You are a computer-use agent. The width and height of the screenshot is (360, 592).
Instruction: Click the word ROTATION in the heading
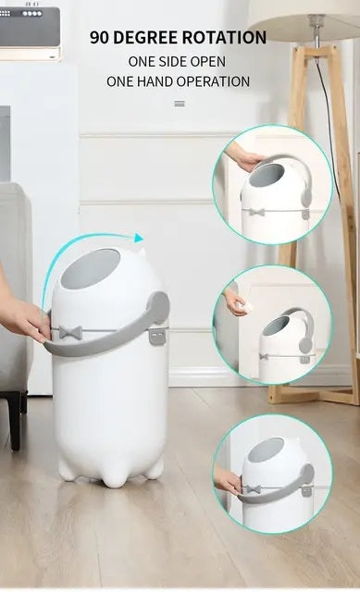point(224,38)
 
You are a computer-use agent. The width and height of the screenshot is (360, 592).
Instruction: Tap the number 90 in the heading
point(99,38)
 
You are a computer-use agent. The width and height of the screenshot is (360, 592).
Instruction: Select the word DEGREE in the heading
point(146,38)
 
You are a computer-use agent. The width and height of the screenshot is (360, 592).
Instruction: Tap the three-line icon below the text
point(180,104)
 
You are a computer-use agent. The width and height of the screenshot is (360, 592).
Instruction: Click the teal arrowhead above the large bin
point(139,238)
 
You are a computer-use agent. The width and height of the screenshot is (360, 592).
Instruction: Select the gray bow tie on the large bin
point(70,332)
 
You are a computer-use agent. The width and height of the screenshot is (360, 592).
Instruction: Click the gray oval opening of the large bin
point(91,268)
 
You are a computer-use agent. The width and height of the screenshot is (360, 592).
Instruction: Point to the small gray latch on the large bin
point(156,336)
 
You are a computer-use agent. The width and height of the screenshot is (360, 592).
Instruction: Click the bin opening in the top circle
point(267,175)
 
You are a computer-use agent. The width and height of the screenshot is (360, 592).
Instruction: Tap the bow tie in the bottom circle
point(253,489)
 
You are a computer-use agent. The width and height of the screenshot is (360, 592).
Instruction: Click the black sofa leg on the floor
point(15,420)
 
